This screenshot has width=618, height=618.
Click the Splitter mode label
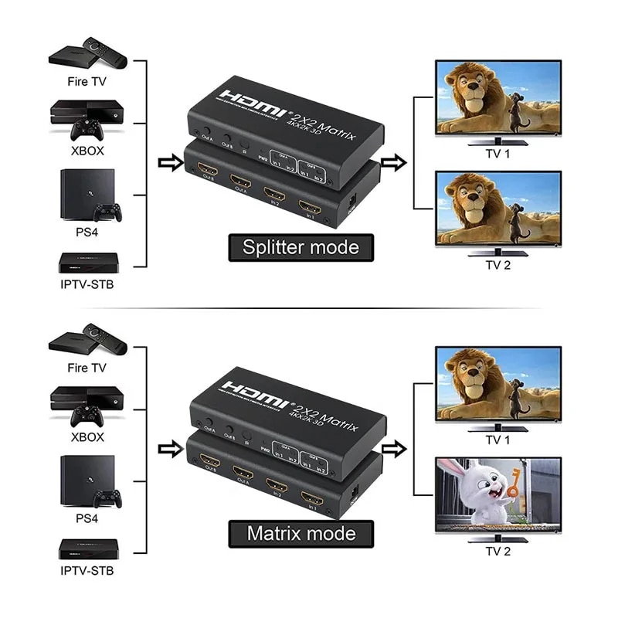tap(301, 247)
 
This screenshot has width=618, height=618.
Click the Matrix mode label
tap(301, 533)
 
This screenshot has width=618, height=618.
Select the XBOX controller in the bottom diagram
tap(87, 416)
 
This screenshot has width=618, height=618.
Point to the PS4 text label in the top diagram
tap(87, 231)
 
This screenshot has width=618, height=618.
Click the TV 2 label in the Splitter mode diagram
tap(497, 265)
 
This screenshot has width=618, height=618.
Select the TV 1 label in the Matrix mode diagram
tap(497, 440)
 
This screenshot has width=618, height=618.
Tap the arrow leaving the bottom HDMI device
tap(394, 449)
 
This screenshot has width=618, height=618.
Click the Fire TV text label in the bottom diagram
tap(87, 367)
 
